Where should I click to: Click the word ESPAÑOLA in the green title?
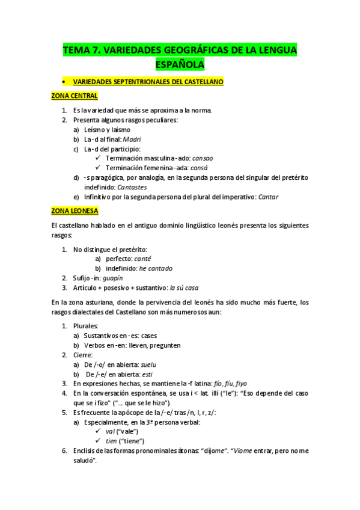click(x=180, y=64)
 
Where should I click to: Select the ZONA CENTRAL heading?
click(x=75, y=96)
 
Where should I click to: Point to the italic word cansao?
click(x=203, y=158)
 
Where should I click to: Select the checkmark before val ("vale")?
click(x=99, y=432)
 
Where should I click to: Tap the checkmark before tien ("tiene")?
click(x=99, y=441)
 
